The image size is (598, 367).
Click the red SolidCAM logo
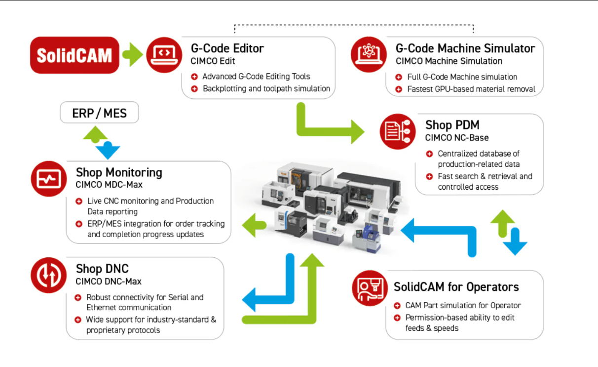[x=75, y=55]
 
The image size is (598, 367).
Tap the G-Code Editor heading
[x=227, y=48]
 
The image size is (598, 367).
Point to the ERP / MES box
[x=99, y=113]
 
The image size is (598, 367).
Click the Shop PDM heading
[x=452, y=125]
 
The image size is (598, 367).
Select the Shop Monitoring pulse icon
[x=48, y=178]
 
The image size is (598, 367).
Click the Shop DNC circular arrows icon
[x=48, y=275]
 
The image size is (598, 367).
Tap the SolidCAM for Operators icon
[x=370, y=288]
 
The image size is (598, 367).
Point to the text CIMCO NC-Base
[x=457, y=137]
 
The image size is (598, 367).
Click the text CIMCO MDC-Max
[x=109, y=185]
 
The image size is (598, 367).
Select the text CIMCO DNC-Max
[x=109, y=282]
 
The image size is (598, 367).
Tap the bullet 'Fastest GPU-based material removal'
[x=471, y=89]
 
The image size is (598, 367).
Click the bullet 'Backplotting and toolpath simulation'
[x=266, y=89]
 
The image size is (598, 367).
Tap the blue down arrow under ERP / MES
[x=108, y=150]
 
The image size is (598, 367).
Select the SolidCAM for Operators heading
[x=456, y=287]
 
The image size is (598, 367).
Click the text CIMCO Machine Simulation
[x=449, y=61]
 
